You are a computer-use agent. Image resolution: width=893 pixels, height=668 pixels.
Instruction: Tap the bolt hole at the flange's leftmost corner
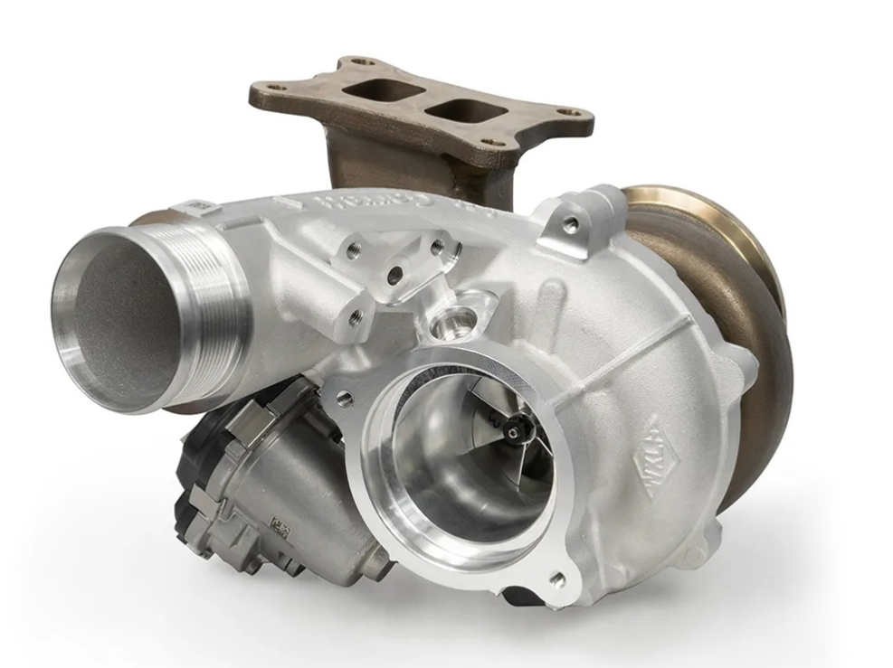tap(279, 89)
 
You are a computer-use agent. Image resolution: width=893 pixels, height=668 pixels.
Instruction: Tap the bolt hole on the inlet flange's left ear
tap(342, 397)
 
